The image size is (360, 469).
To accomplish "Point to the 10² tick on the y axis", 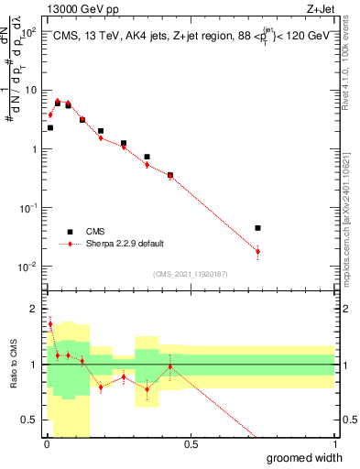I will click(27, 32).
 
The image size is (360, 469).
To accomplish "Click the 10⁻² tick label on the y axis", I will click(27, 267).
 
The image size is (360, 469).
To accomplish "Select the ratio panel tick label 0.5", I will click(30, 420).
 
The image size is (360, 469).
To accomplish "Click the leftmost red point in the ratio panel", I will click(49, 323).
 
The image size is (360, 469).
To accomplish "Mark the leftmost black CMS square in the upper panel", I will click(49, 128).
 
